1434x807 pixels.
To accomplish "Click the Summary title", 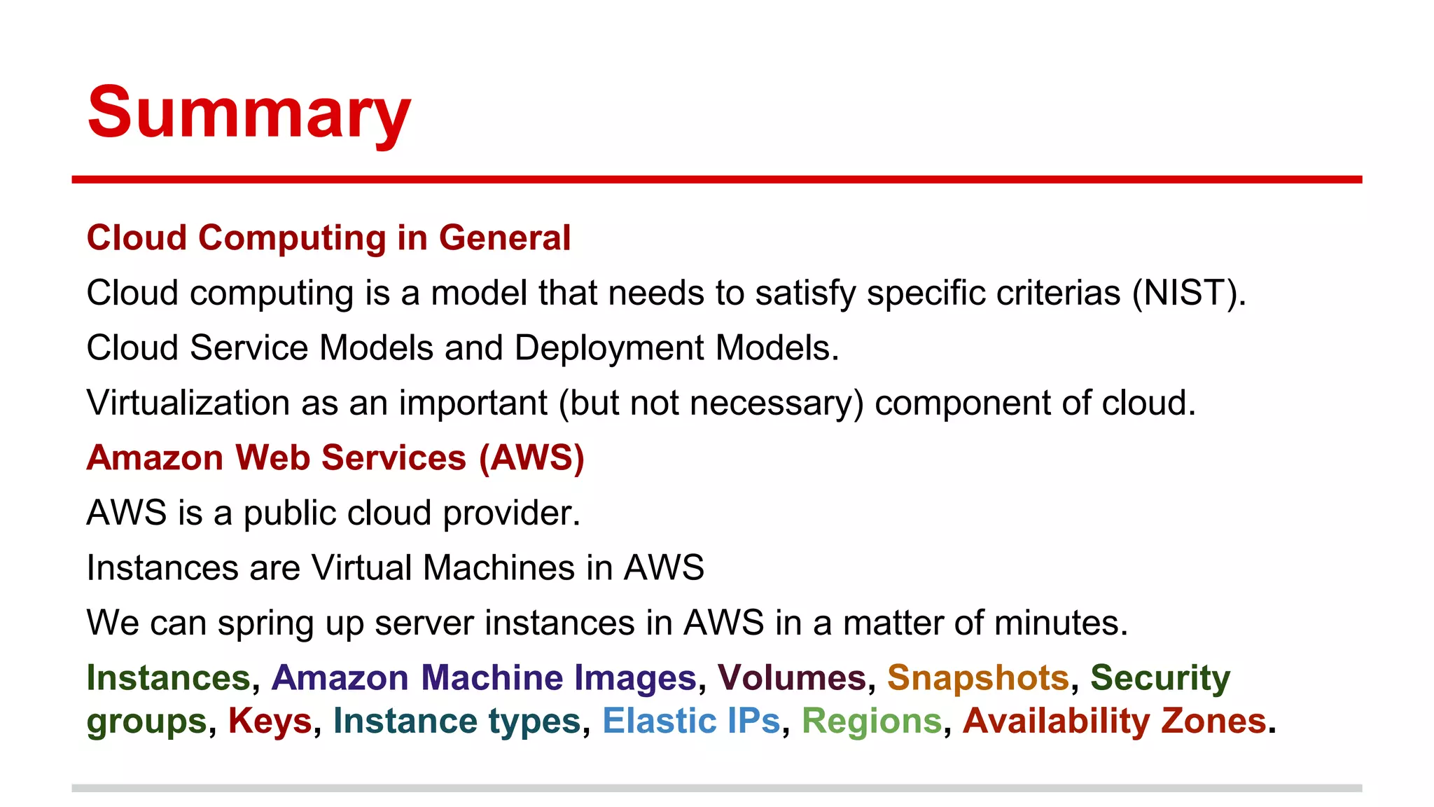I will coord(249,112).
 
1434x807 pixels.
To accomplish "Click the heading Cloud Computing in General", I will coord(328,237).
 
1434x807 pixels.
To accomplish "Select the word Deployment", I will coord(609,348).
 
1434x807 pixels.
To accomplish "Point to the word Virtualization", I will coord(188,403).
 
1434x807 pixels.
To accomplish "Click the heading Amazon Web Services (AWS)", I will coord(335,457).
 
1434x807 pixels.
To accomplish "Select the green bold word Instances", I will coord(168,677).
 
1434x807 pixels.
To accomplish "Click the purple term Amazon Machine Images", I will coord(484,677).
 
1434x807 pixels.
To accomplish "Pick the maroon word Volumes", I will coord(792,677).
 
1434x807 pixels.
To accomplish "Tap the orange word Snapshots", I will coord(977,677).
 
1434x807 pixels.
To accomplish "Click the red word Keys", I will coord(270,721).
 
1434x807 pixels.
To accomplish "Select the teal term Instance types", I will coord(457,721).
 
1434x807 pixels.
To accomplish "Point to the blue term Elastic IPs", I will coord(690,721).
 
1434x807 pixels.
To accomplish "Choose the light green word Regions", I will coord(872,721).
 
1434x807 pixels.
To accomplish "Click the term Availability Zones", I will coord(1114,721).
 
